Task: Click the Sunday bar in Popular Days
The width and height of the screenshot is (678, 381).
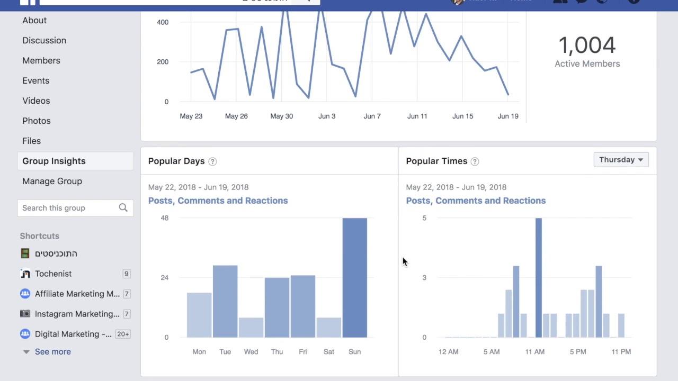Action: pyautogui.click(x=354, y=278)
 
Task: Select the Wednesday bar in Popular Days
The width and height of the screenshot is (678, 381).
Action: pyautogui.click(x=251, y=328)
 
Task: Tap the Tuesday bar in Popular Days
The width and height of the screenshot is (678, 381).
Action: pyautogui.click(x=225, y=301)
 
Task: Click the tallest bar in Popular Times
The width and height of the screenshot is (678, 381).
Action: pyautogui.click(x=539, y=278)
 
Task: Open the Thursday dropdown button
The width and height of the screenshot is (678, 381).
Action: pyautogui.click(x=621, y=160)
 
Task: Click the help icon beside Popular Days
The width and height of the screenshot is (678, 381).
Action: pyautogui.click(x=212, y=161)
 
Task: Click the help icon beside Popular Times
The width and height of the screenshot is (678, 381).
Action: pyautogui.click(x=475, y=161)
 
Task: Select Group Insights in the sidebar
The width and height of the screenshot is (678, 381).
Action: pyautogui.click(x=54, y=161)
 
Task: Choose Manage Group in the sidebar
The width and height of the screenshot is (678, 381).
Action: pyautogui.click(x=52, y=181)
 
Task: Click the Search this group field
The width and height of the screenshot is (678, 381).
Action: pyautogui.click(x=68, y=208)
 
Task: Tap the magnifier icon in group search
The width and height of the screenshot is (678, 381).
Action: pyautogui.click(x=123, y=208)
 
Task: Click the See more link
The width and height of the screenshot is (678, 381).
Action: pyautogui.click(x=52, y=351)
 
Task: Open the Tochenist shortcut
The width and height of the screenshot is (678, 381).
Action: pyautogui.click(x=53, y=274)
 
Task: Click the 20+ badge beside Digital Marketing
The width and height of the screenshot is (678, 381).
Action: pyautogui.click(x=123, y=334)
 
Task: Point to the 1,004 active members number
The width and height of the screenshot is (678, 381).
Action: pyautogui.click(x=587, y=46)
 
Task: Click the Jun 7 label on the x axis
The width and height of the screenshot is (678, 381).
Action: pyautogui.click(x=372, y=116)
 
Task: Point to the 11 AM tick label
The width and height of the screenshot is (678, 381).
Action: pyautogui.click(x=535, y=351)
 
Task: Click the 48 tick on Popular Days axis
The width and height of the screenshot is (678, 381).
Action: pyautogui.click(x=164, y=218)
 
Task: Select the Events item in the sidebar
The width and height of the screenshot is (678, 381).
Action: pyautogui.click(x=35, y=80)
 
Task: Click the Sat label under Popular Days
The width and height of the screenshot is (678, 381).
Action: pyautogui.click(x=328, y=351)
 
